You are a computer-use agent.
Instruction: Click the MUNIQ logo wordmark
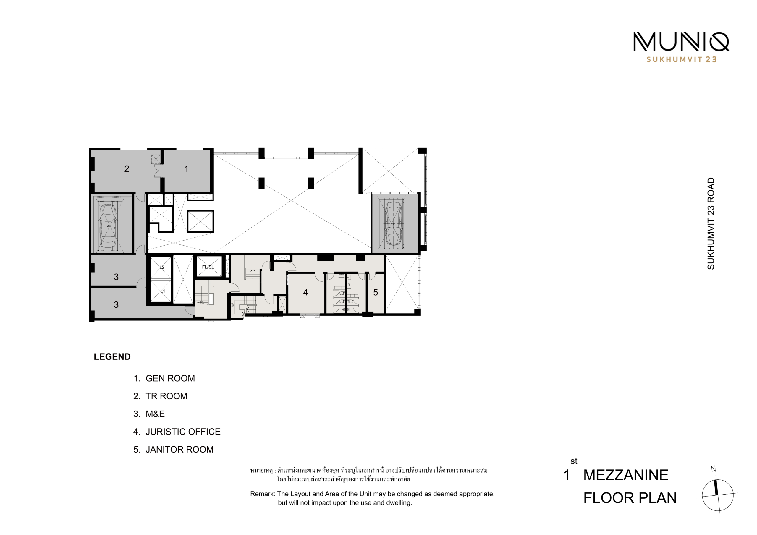pyautogui.click(x=681, y=42)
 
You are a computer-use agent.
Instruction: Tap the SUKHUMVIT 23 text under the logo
pyautogui.click(x=682, y=60)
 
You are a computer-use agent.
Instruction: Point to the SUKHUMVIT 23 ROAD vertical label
pyautogui.click(x=711, y=223)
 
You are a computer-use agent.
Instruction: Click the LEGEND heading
pyautogui.click(x=112, y=357)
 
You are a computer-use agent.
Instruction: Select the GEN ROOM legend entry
pyautogui.click(x=164, y=378)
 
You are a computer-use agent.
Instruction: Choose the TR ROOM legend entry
pyautogui.click(x=160, y=396)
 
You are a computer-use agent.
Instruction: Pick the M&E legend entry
pyautogui.click(x=149, y=414)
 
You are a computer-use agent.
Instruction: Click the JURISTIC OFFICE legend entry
pyautogui.click(x=177, y=432)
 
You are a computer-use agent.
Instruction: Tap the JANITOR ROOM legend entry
pyautogui.click(x=173, y=450)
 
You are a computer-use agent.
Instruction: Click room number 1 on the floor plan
pyautogui.click(x=186, y=169)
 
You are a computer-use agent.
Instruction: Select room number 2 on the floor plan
pyautogui.click(x=127, y=169)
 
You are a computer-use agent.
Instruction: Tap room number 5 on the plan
pyautogui.click(x=376, y=292)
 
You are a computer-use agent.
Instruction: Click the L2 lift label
pyautogui.click(x=162, y=267)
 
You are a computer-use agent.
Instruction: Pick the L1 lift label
pyautogui.click(x=162, y=291)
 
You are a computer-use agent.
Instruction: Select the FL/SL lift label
pyautogui.click(x=208, y=267)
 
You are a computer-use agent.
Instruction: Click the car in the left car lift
pyautogui.click(x=108, y=226)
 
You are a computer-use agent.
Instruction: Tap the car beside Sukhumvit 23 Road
pyautogui.click(x=393, y=223)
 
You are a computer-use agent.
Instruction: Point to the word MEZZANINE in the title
pyautogui.click(x=626, y=475)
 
